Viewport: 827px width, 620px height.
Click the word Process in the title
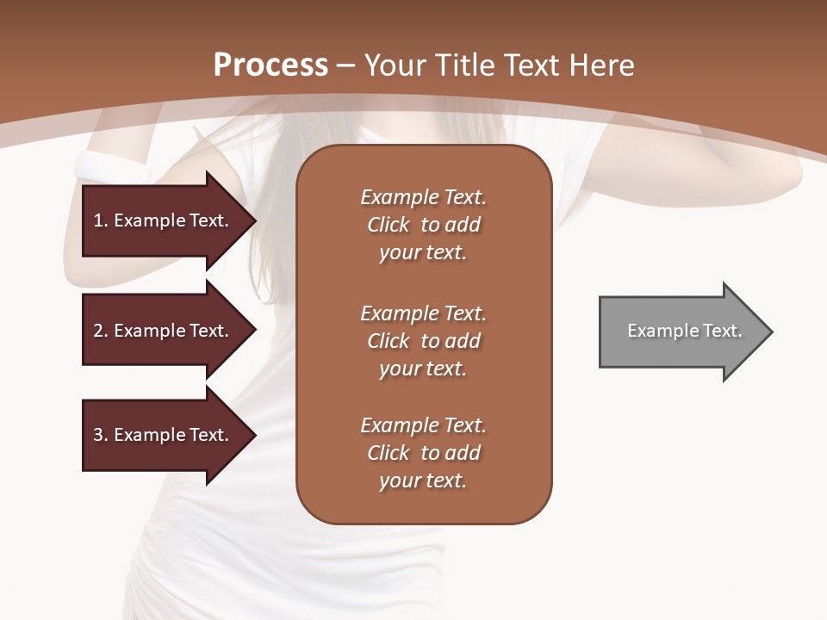tap(270, 65)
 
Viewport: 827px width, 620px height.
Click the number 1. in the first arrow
tap(101, 220)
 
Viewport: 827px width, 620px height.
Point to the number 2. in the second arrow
tap(101, 331)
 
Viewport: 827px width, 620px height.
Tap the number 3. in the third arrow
tap(101, 435)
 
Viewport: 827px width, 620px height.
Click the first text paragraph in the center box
tap(423, 225)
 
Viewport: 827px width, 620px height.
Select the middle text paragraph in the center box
tap(423, 340)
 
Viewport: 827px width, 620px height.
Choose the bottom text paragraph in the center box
tap(423, 453)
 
